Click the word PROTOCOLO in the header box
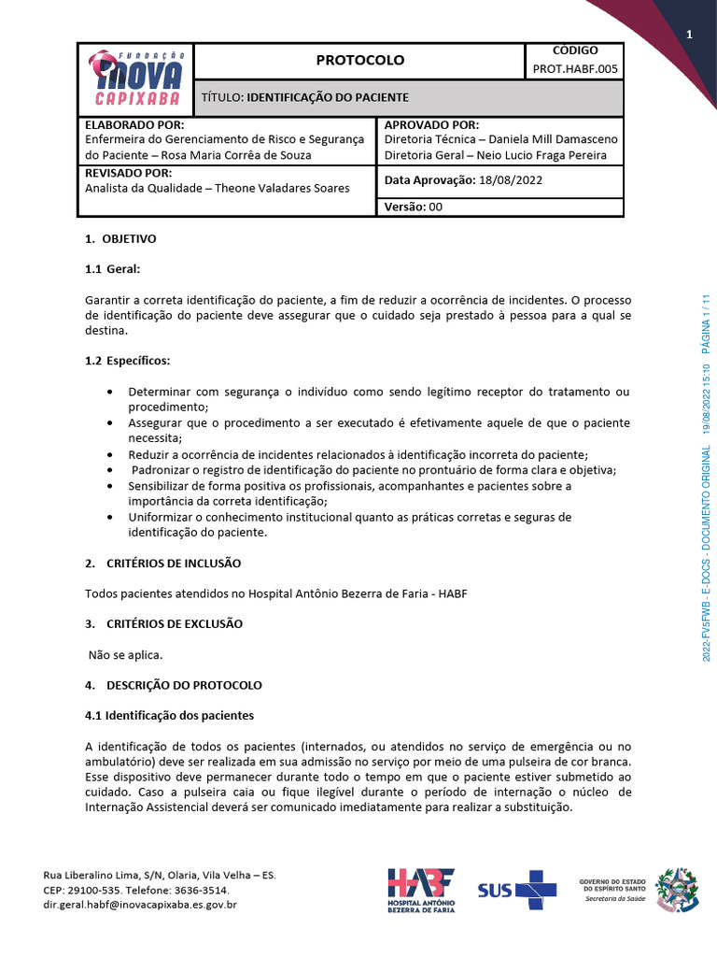coord(359,60)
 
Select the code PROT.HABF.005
coord(574,69)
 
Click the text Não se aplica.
coord(126,654)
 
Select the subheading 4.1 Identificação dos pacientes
coord(169,715)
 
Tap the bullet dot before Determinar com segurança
coord(111,391)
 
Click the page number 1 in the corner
coord(689,36)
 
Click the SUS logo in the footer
coord(517,889)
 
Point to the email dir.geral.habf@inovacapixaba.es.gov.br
coord(140,905)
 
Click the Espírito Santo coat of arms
coord(676,889)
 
